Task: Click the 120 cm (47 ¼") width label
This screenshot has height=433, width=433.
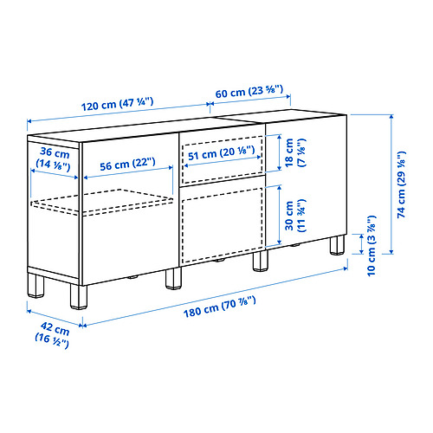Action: (x=117, y=104)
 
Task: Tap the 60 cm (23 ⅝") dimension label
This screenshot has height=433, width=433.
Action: (x=249, y=92)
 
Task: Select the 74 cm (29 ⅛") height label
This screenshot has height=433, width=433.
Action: (x=402, y=184)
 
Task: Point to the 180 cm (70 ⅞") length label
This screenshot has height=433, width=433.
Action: (x=220, y=307)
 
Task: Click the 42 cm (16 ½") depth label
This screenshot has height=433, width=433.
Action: (x=53, y=335)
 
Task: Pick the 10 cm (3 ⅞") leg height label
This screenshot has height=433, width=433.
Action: (x=372, y=246)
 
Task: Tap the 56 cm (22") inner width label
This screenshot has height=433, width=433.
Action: (x=127, y=164)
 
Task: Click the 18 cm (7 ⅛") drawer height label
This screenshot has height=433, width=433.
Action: (x=294, y=152)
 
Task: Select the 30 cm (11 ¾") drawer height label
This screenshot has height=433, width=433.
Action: (x=294, y=216)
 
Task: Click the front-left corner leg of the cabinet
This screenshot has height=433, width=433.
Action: (x=79, y=297)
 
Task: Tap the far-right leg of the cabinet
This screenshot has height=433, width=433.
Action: (x=337, y=245)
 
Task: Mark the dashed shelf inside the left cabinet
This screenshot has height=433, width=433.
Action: (x=102, y=203)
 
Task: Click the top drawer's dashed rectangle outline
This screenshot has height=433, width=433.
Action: (x=223, y=159)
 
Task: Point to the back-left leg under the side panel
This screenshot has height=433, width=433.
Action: (x=36, y=286)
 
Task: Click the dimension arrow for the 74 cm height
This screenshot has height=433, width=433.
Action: (x=391, y=184)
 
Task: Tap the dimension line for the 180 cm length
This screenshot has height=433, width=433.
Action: (x=215, y=297)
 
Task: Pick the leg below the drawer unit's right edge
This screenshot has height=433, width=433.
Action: (x=261, y=261)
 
